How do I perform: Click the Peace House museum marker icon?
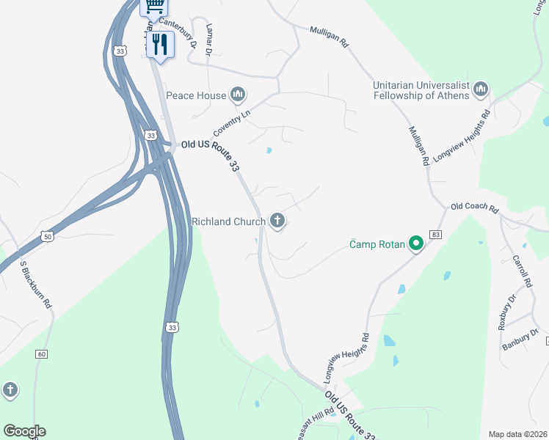click(x=237, y=95)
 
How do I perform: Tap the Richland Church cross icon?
click(x=277, y=220)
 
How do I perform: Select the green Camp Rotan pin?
click(x=415, y=243)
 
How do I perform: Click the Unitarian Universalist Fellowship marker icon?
click(x=481, y=89)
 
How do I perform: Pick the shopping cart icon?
click(x=154, y=7)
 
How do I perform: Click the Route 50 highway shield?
click(x=48, y=236)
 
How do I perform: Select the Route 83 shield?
click(x=436, y=234)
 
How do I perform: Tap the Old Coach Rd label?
click(x=474, y=208)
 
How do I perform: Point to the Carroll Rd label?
click(x=521, y=271)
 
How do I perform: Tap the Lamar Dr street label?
click(x=209, y=40)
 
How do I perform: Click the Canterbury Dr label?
click(x=180, y=33)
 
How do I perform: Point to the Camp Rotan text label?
click(x=377, y=244)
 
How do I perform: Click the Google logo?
click(x=24, y=431)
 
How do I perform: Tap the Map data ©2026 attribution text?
click(x=517, y=434)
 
